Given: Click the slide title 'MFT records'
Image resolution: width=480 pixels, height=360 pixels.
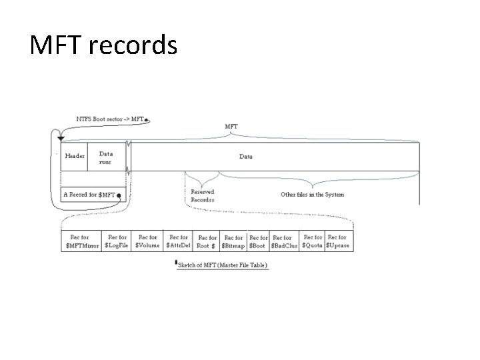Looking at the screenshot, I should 103,46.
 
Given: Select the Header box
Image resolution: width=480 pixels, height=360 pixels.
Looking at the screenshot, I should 75,156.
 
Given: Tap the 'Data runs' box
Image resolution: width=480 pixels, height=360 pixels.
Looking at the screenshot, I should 107,157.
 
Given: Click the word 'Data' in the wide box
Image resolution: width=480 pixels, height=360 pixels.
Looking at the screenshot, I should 246,157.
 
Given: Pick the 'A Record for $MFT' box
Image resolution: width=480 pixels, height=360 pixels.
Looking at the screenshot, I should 89,195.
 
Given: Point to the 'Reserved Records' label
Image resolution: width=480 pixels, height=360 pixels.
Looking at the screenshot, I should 202,195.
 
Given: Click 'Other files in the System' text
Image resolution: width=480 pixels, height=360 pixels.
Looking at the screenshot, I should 312,195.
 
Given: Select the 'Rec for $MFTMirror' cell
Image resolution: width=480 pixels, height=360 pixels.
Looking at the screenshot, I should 81,241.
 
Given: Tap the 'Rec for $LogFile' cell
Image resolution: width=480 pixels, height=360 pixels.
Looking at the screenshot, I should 117,241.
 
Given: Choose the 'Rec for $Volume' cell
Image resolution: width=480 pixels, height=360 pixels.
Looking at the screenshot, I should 147,241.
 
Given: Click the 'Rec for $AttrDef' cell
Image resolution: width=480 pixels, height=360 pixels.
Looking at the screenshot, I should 178,241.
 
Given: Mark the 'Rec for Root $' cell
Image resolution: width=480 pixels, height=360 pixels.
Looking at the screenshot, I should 207,241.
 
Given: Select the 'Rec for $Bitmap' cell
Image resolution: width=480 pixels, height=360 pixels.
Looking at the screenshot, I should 233,241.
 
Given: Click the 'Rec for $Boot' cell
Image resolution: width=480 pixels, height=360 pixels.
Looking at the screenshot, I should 257,241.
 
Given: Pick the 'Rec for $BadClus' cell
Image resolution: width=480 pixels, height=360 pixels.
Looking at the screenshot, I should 283,241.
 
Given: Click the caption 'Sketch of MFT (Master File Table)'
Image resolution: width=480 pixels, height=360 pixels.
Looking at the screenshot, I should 222,265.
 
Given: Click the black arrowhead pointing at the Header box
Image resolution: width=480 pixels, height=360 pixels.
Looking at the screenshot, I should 61,139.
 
